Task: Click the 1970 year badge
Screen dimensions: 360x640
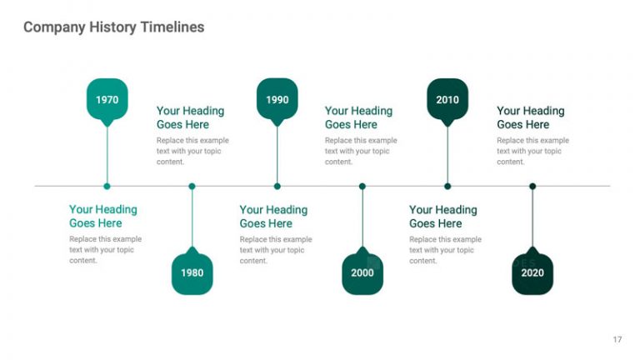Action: (x=107, y=99)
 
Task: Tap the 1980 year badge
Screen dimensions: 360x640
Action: (x=192, y=272)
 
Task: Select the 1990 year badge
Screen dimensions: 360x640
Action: (x=277, y=99)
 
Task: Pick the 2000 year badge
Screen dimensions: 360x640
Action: (x=362, y=272)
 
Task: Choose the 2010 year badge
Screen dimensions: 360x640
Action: (x=447, y=99)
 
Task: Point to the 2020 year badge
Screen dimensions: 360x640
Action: (x=532, y=272)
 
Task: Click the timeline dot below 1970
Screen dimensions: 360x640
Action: (x=107, y=186)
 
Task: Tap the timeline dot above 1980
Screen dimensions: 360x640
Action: (x=192, y=186)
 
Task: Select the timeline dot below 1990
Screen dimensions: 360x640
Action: (x=277, y=186)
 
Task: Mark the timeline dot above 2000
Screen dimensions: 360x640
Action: (x=362, y=186)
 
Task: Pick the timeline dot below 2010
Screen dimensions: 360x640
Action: (x=447, y=186)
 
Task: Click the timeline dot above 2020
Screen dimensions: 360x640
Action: (x=532, y=186)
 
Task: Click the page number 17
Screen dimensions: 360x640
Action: (x=617, y=339)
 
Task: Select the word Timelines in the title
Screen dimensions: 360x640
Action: (x=172, y=27)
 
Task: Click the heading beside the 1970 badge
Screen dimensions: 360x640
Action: (x=190, y=117)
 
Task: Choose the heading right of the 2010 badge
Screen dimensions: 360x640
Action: (x=530, y=117)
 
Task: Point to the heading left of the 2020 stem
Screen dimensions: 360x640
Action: (x=442, y=217)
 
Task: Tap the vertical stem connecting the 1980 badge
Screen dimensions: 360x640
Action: (x=192, y=218)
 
